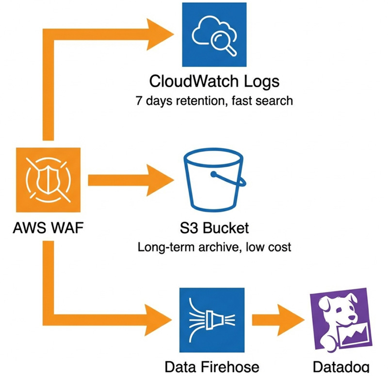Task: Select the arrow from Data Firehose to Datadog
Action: point(277,321)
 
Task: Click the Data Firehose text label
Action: point(211,367)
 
